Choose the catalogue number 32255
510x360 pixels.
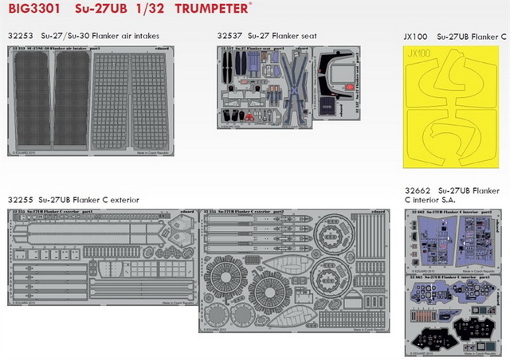(20, 200)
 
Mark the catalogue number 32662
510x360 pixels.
(420, 191)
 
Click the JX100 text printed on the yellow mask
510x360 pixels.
(422, 57)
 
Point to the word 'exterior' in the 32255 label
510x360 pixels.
(120, 200)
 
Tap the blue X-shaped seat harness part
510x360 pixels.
(285, 84)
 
